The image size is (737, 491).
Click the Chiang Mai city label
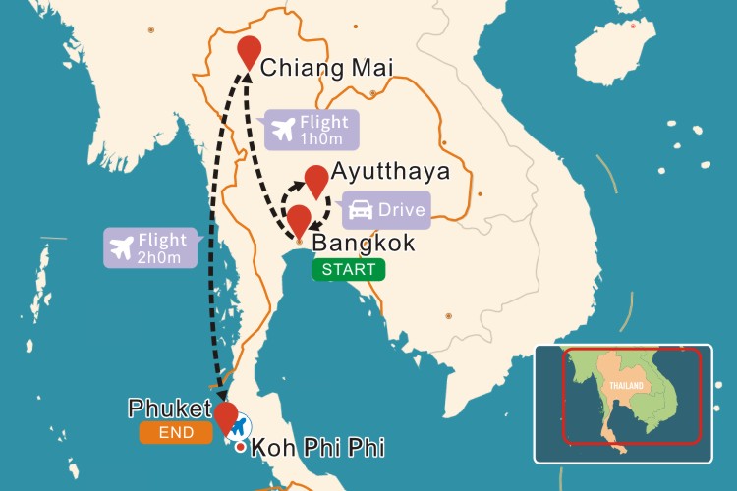coord(327,68)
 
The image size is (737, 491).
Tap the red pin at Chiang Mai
coord(250,52)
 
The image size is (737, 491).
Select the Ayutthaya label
coord(390,171)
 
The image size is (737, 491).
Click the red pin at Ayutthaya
coord(315,181)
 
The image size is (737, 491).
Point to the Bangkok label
coord(364,243)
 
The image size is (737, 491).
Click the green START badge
coord(349,269)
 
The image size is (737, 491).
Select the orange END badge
coord(177,431)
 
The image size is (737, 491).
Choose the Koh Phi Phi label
coord(317,449)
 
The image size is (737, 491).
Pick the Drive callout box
coord(386,210)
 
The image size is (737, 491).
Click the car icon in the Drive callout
coord(361,210)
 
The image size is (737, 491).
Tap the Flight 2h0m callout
coord(150,247)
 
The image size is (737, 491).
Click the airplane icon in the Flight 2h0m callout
coord(123,246)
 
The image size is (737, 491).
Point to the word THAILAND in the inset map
coord(625,386)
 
